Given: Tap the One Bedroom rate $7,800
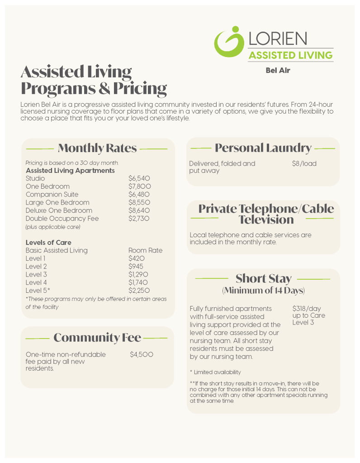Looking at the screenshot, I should coord(139,186).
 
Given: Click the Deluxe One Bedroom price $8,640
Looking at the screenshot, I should coord(139,210).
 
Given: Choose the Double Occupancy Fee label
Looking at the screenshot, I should coord(62,219).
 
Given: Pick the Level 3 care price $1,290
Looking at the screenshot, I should coord(139,274).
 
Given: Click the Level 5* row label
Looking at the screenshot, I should coord(38,291).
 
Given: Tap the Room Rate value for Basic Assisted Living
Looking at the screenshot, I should coord(145,250).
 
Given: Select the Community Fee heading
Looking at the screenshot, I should coord(97,338).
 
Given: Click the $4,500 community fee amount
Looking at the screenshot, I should coord(142,354).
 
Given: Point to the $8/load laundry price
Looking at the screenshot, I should coord(304,163).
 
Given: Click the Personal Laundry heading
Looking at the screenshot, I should coord(263,148).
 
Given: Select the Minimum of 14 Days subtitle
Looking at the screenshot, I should coord(263,290).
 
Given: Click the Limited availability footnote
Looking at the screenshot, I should coord(215,372).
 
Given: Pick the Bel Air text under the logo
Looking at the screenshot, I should coord(278,70).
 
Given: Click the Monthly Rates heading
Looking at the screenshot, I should coord(97,148).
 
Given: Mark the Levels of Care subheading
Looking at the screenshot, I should coord(48,243).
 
